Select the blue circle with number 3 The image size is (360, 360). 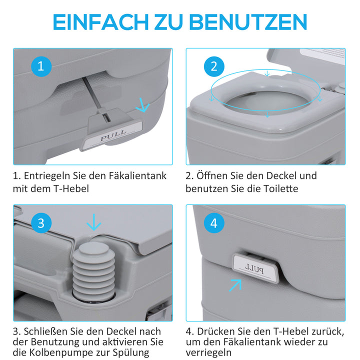click(41, 223)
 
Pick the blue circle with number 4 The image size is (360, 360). click(214, 223)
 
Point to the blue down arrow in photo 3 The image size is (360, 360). click(93, 221)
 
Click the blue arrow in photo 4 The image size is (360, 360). click(235, 285)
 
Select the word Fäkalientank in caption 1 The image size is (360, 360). click(134, 176)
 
